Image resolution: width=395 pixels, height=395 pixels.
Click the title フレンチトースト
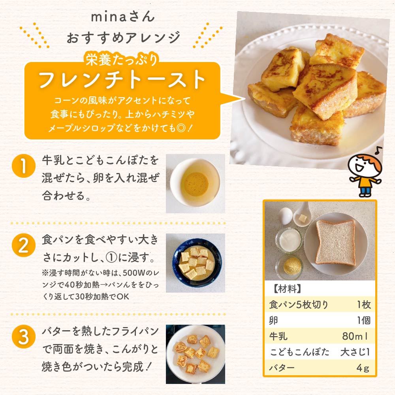122,80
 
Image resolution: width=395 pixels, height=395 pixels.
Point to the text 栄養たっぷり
122,60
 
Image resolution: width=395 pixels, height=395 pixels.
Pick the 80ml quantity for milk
355,337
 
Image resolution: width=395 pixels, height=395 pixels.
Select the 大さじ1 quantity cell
355,352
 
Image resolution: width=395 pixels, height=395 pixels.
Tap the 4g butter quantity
362,368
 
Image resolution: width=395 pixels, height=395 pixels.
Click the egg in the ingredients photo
285,216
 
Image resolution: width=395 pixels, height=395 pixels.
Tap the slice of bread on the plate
335,242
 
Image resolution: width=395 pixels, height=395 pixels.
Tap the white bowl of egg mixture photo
195,182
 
